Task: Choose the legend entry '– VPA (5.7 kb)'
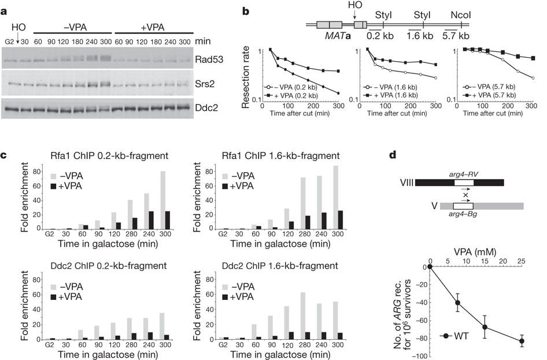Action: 507,86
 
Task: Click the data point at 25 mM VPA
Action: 522,342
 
